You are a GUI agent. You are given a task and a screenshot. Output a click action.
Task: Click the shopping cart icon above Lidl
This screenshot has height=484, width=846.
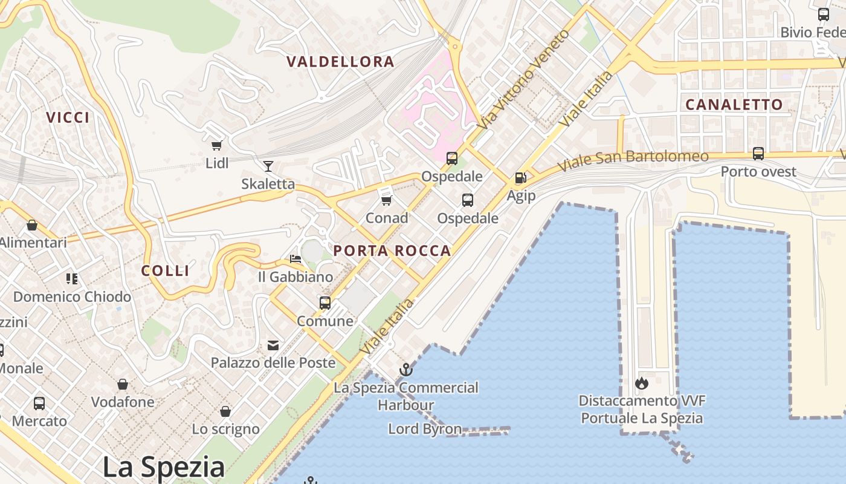(216, 145)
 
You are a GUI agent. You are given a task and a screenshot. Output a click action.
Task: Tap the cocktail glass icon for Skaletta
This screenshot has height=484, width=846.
(268, 166)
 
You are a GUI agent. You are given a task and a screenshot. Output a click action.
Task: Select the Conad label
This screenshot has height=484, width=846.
(387, 218)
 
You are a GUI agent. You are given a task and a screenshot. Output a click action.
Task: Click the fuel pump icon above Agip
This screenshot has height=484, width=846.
(520, 178)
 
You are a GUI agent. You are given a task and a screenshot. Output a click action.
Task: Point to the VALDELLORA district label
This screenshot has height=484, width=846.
(340, 62)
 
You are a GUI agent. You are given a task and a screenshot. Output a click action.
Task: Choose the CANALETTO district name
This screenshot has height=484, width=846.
(734, 105)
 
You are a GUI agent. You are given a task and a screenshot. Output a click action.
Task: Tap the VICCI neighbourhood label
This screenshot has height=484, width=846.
(68, 117)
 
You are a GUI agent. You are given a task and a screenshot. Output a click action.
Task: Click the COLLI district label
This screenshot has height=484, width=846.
(166, 270)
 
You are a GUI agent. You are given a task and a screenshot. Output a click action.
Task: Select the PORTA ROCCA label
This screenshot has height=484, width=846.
(392, 250)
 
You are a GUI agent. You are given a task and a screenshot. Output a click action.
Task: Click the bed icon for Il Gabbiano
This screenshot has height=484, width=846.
(295, 259)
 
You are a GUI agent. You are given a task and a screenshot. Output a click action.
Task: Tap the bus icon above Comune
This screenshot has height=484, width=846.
(325, 302)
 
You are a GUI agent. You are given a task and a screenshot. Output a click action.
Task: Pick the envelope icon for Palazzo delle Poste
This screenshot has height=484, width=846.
(273, 345)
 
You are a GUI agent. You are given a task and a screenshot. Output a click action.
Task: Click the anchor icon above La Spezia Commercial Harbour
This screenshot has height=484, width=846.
(406, 369)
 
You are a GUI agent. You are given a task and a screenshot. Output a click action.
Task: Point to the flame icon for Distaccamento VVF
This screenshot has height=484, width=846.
(641, 383)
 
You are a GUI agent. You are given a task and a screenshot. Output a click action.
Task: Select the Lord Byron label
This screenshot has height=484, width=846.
(425, 430)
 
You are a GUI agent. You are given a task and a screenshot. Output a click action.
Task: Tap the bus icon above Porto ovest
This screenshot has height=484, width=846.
(758, 154)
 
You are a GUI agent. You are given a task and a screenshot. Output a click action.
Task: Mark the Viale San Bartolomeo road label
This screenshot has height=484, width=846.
(633, 160)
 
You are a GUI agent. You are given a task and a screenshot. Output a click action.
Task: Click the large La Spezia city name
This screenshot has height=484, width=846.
(163, 467)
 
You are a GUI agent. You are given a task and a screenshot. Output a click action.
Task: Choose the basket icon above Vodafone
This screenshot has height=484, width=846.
(123, 384)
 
